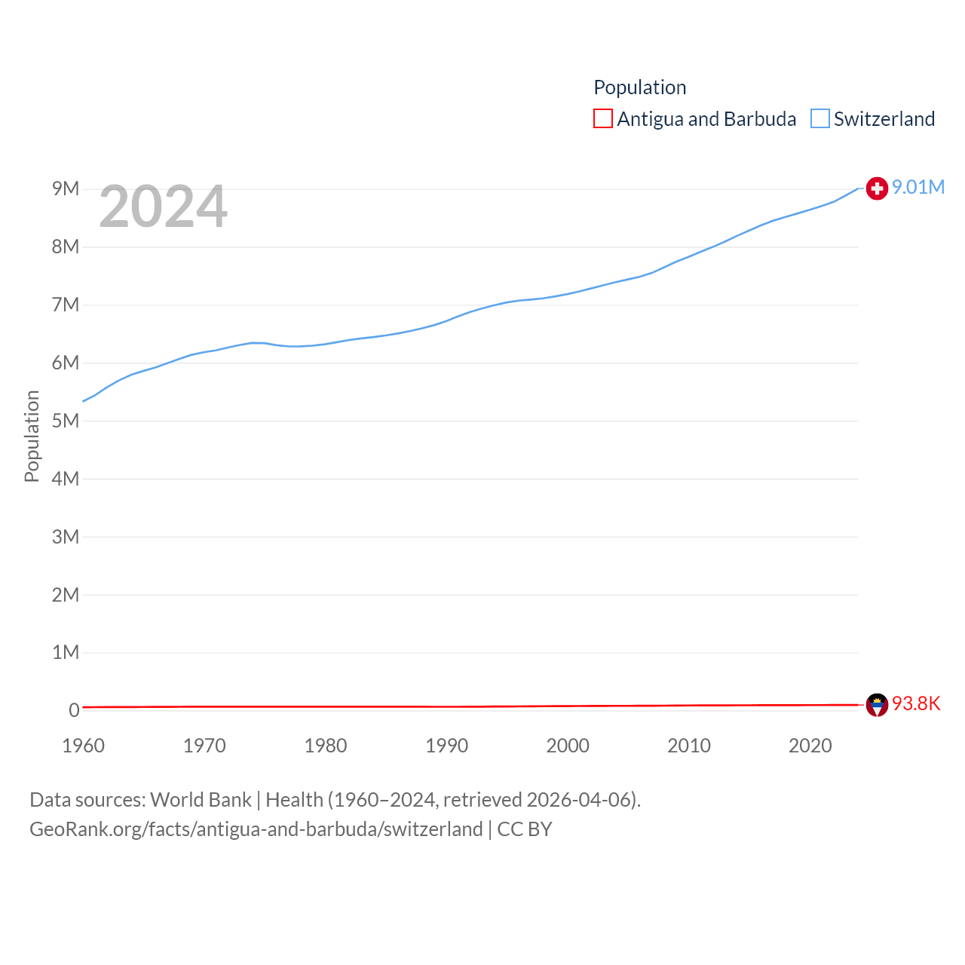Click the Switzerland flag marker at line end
(877, 188)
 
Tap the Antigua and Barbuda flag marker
(877, 705)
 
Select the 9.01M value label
(918, 188)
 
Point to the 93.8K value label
(916, 703)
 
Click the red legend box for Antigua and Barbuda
(603, 119)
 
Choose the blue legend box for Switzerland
(820, 119)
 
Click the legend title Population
(640, 87)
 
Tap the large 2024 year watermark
(163, 206)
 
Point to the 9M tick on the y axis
(66, 188)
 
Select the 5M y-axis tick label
(66, 421)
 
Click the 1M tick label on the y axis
(66, 652)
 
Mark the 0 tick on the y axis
(74, 710)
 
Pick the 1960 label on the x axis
(84, 746)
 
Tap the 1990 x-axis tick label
(447, 746)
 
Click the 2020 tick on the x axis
(810, 746)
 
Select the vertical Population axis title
(32, 436)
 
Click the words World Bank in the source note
(201, 799)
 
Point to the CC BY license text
(525, 829)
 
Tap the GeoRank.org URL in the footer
(256, 829)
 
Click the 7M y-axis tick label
(66, 305)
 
